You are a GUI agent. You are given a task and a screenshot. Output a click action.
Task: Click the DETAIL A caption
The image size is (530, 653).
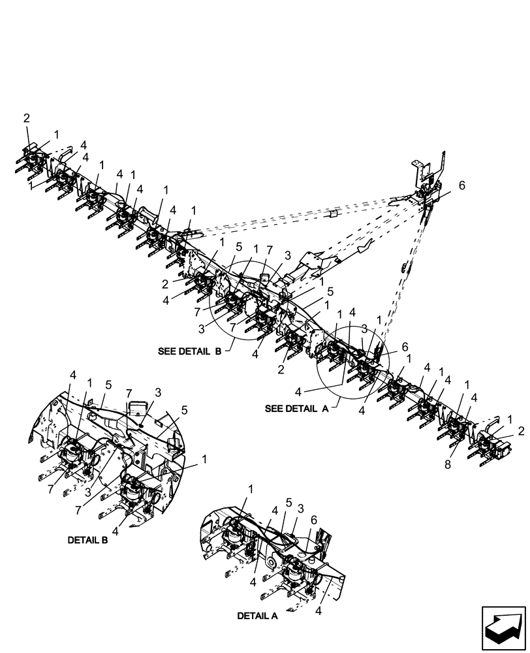click(257, 615)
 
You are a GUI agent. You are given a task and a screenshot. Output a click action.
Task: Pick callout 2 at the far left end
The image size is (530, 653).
click(27, 118)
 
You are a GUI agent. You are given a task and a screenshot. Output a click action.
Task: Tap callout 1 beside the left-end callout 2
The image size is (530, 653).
click(56, 133)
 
